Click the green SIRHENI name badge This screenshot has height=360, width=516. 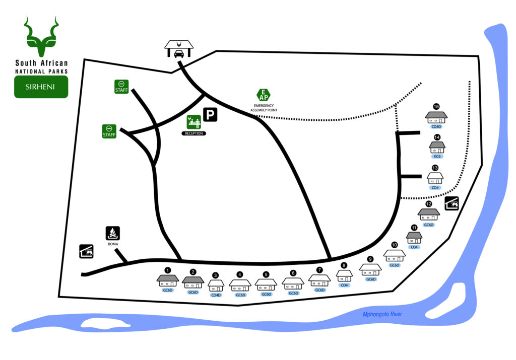(41, 87)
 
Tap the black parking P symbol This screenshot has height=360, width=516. (210, 115)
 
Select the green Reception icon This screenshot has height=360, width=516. (194, 121)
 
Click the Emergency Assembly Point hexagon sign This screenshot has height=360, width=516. (264, 94)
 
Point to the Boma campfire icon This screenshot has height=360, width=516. (112, 233)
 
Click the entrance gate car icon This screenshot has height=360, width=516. (178, 51)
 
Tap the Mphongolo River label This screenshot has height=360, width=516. (382, 315)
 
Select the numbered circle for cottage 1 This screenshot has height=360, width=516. (168, 270)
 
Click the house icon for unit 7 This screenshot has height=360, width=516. (319, 280)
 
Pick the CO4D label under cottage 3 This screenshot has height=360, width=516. (216, 295)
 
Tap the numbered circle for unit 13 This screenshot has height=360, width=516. (435, 168)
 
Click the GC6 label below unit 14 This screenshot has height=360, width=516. (437, 157)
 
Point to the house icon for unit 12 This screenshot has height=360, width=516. (429, 215)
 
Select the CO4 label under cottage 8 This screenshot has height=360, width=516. (345, 285)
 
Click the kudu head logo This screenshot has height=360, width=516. (41, 36)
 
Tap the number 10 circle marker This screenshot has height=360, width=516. (395, 245)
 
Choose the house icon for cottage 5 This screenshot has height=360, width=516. (266, 285)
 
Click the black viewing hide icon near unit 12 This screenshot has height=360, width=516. (452, 203)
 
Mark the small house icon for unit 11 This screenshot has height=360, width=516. (414, 238)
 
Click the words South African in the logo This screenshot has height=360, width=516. (41, 63)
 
